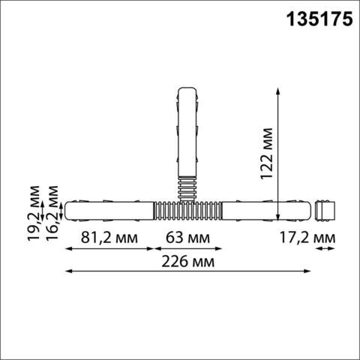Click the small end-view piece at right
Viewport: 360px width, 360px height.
pyautogui.click(x=323, y=211)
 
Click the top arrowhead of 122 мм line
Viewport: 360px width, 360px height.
pyautogui.click(x=278, y=89)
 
